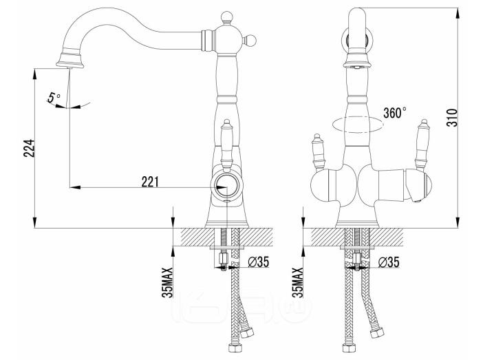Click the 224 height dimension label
[29, 148]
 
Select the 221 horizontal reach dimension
[150, 182]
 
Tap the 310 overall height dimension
[452, 118]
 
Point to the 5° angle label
[54, 98]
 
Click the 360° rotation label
[395, 113]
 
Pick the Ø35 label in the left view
[259, 262]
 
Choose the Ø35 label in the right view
[389, 262]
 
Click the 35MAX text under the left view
[167, 282]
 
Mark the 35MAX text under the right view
[298, 282]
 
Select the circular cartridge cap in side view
[226, 187]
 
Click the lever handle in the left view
[226, 145]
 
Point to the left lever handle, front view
[318, 152]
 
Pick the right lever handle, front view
[422, 144]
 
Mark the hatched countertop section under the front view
[357, 237]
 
